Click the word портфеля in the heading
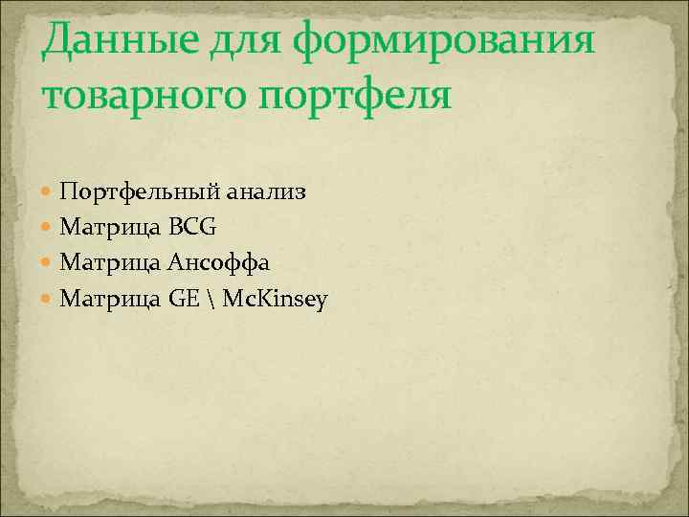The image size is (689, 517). tap(348, 97)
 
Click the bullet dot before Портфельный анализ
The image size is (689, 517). tap(48, 191)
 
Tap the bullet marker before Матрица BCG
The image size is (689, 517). tap(48, 228)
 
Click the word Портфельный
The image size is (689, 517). tap(140, 191)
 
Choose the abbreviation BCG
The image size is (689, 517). tap(193, 228)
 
